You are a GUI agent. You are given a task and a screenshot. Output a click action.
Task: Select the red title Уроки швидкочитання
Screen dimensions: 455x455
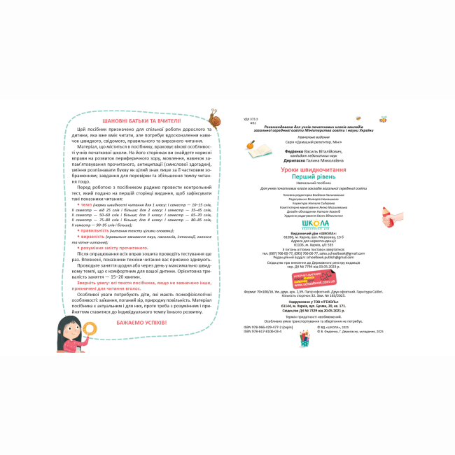click(x=312, y=170)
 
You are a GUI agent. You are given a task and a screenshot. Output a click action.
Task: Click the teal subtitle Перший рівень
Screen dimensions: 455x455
click(x=312, y=178)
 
